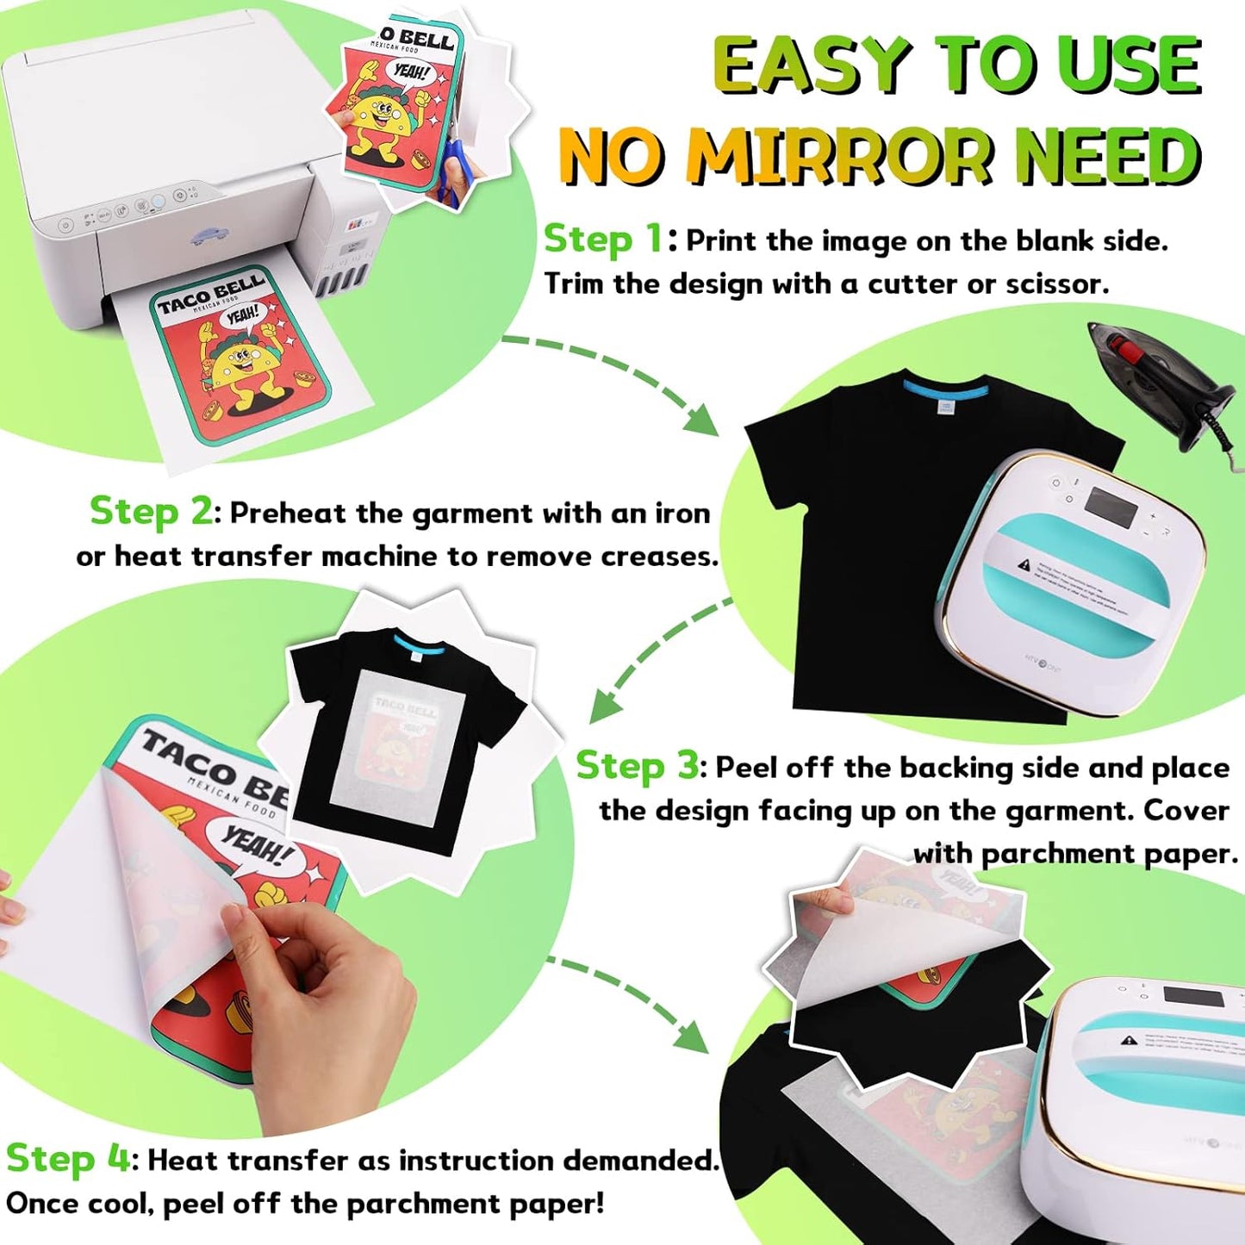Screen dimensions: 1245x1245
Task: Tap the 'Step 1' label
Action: tap(603, 239)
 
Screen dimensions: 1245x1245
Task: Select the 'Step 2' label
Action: tap(151, 511)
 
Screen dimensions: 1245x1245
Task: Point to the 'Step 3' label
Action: tap(638, 765)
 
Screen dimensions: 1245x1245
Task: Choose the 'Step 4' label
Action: tap(67, 1158)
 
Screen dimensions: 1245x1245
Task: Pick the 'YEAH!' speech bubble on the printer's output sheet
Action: tap(242, 316)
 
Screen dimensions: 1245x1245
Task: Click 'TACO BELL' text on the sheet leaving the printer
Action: tap(210, 293)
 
